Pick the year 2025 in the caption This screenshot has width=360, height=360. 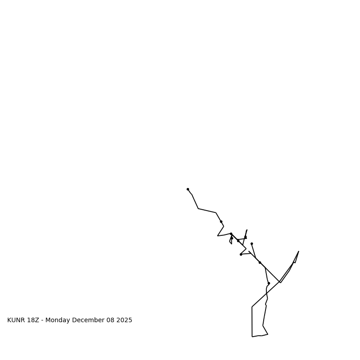(125, 320)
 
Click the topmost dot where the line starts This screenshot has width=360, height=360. (188, 189)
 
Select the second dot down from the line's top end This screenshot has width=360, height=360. (221, 221)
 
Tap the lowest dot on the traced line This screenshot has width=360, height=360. (269, 283)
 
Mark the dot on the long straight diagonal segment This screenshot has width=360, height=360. (260, 262)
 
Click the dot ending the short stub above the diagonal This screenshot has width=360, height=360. (252, 243)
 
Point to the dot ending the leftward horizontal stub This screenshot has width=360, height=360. (241, 254)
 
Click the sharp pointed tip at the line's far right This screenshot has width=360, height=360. (298, 252)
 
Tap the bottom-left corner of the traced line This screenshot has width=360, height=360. (252, 336)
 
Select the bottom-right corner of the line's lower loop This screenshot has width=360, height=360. (268, 334)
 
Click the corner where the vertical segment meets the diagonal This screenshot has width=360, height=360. (252, 307)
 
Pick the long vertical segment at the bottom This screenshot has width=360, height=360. (252, 322)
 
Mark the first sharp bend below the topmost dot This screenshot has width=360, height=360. (198, 208)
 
